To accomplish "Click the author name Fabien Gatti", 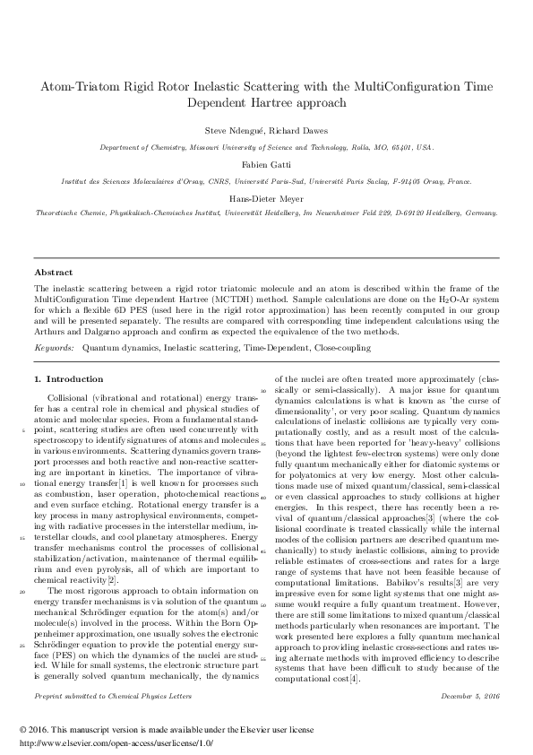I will click(266, 165).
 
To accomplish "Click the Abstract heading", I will click(53, 272).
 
